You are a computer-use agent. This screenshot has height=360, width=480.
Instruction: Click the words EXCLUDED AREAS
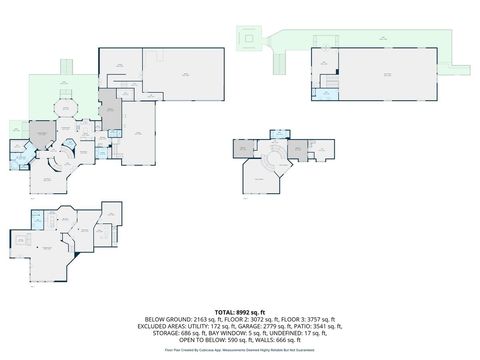tap(160, 326)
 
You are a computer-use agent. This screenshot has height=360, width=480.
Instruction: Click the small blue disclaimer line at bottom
tap(240, 350)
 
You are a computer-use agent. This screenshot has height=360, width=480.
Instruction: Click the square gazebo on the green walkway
tap(245, 38)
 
